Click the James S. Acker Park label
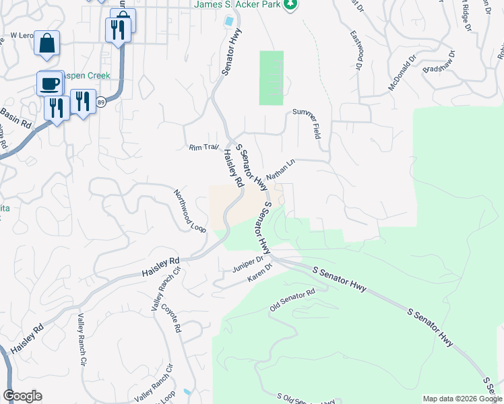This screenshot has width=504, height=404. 237,5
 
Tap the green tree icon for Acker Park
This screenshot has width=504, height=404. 290,5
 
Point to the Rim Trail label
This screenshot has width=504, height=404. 205,147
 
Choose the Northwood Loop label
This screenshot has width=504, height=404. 189,210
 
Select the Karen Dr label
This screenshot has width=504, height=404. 259,273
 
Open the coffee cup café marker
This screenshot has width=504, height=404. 49,83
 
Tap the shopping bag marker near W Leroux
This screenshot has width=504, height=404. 46,44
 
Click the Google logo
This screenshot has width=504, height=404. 22,396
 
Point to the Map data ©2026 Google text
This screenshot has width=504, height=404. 462,399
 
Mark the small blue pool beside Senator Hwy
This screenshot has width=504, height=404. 230,21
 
